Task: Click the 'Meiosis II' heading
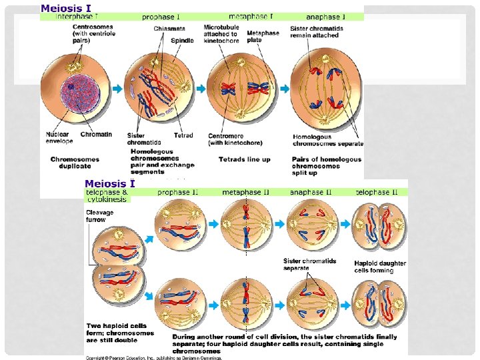tap(109, 184)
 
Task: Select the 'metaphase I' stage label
tap(251, 16)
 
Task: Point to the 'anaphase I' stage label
tap(326, 17)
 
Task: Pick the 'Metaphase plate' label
tap(263, 35)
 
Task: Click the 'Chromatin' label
tap(97, 135)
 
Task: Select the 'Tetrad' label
tap(183, 135)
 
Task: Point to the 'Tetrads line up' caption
tap(245, 159)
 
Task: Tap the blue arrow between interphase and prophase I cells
tap(117, 89)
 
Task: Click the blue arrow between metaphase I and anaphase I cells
tap(284, 89)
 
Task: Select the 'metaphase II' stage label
tap(246, 193)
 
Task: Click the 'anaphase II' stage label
tap(311, 193)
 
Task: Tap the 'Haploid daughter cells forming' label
tap(380, 267)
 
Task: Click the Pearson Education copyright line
tap(153, 357)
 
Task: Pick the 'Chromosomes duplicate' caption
tap(75, 163)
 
